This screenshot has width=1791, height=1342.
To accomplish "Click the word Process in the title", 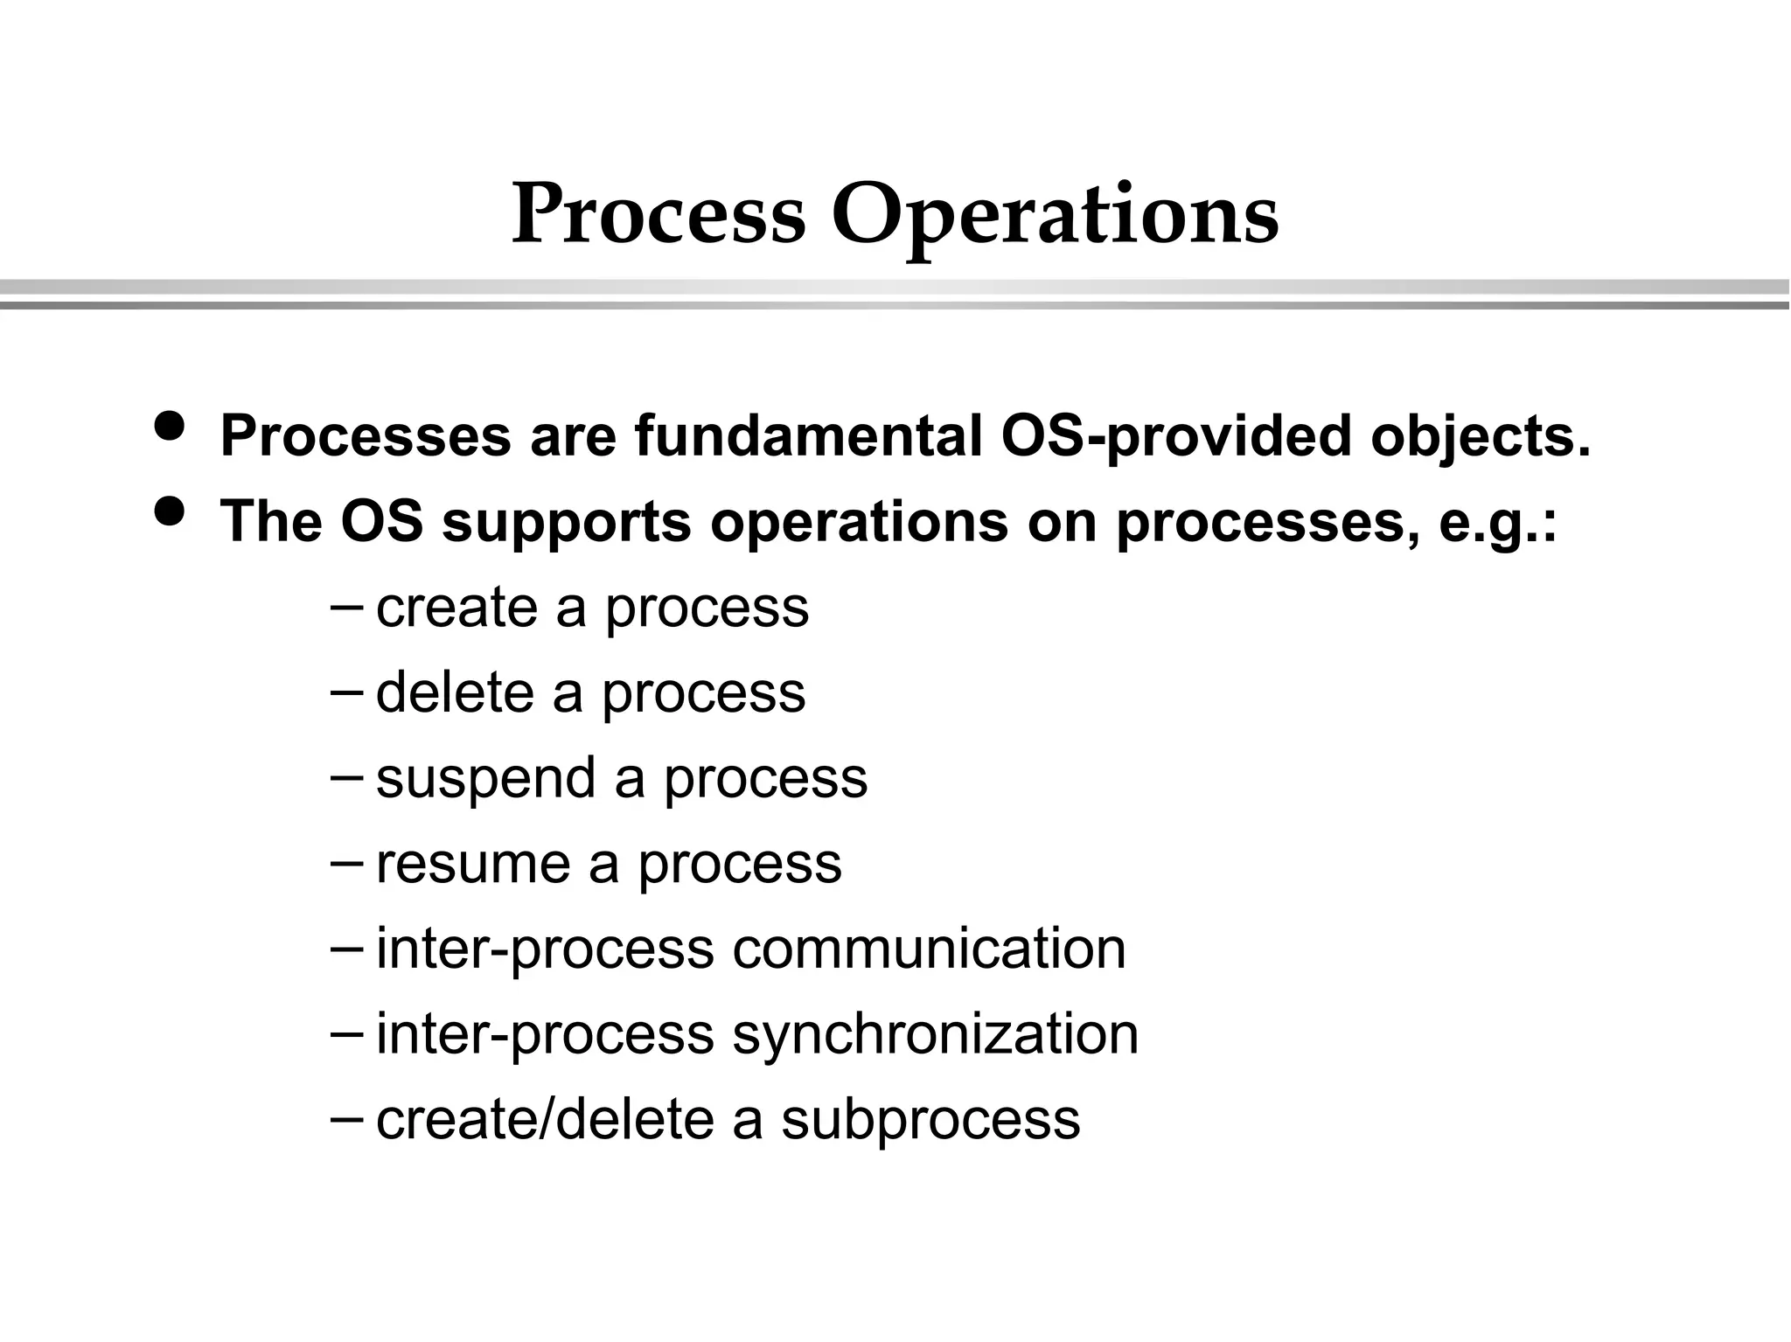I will point(658,215).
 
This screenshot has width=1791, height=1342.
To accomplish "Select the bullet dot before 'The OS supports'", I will point(169,511).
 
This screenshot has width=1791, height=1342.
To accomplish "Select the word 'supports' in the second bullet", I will point(566,523).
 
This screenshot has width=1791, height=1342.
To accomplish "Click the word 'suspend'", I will point(486,778).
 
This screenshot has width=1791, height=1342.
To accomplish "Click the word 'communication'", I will point(929,949).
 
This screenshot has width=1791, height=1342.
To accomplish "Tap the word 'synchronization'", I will point(935,1034).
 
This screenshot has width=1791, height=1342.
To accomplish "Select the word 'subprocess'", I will point(930,1120).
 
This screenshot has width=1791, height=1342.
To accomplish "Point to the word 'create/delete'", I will point(545,1119).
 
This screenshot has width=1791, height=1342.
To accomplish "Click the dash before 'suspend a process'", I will point(346,775).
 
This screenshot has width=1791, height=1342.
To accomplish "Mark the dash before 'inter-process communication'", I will point(346,947).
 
